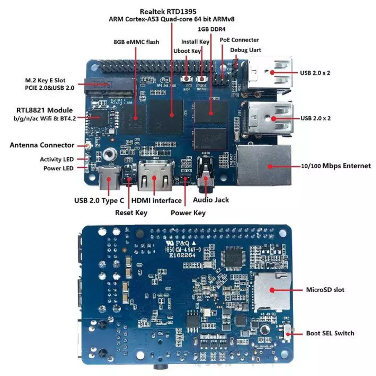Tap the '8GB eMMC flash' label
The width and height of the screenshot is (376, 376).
tap(136, 42)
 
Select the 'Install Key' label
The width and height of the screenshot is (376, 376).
tap(195, 42)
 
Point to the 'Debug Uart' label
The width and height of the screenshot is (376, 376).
tap(246, 50)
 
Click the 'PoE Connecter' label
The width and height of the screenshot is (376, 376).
tap(239, 40)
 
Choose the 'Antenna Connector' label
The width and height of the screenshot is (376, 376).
tap(42, 145)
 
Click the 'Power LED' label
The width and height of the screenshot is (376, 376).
tap(58, 168)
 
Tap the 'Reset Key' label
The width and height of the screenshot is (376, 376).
tap(131, 213)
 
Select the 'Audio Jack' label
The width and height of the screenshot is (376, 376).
tap(211, 200)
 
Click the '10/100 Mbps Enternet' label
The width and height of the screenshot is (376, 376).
tap(335, 166)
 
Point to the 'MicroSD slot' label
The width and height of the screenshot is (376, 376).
tap(325, 290)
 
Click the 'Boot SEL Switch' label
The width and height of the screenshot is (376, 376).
tap(330, 333)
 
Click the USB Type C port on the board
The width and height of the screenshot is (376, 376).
tap(108, 179)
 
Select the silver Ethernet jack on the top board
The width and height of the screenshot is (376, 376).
tap(264, 165)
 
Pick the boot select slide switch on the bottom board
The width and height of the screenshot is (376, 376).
tap(288, 333)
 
